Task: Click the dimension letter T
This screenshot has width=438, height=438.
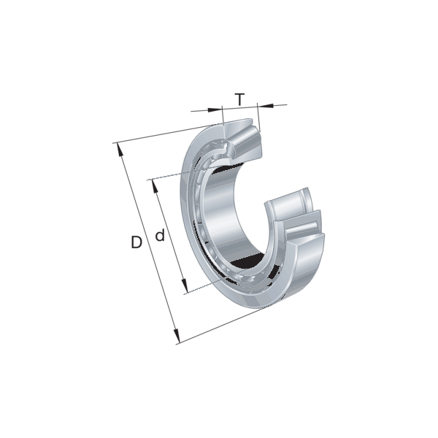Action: (x=239, y=99)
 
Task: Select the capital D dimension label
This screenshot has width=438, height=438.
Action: (x=137, y=242)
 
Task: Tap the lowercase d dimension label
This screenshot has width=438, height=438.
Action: (x=160, y=235)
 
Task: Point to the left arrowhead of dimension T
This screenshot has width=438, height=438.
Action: (x=215, y=109)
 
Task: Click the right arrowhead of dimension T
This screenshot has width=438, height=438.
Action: (x=266, y=106)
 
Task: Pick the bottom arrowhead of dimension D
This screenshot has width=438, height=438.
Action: (x=176, y=336)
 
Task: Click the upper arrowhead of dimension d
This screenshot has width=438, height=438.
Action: (x=155, y=186)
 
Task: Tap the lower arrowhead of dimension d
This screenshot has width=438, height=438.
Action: (x=185, y=285)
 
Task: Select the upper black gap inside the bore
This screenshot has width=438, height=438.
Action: (x=226, y=169)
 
